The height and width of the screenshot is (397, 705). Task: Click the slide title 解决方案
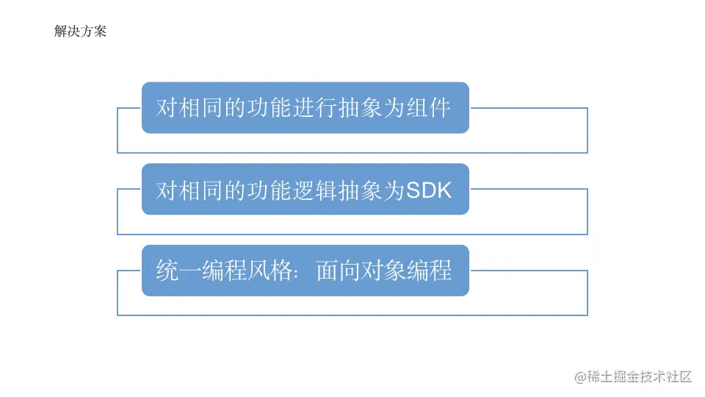pyautogui.click(x=80, y=32)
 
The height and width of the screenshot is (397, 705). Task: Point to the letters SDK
pyautogui.click(x=429, y=190)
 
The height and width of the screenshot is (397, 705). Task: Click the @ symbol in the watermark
pyautogui.click(x=581, y=376)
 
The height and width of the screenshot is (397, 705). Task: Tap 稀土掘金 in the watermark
pyautogui.click(x=613, y=376)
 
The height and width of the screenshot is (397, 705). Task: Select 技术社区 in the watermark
pyautogui.click(x=667, y=376)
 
